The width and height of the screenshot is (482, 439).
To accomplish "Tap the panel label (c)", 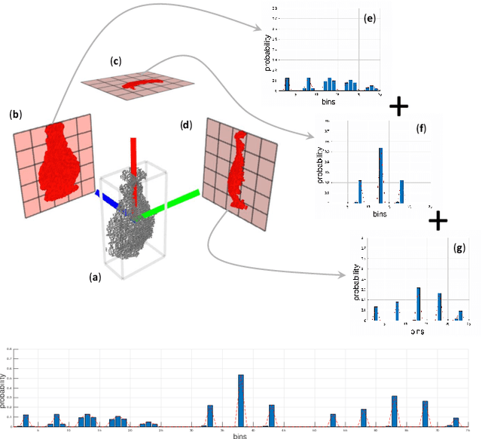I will click(115, 60).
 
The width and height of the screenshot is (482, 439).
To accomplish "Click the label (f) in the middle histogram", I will click(420, 128).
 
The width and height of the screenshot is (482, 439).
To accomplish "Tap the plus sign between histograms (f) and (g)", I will click(438, 220).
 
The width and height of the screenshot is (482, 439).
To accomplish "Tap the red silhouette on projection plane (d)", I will click(236, 170).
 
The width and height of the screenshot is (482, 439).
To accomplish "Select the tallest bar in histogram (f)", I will click(380, 175).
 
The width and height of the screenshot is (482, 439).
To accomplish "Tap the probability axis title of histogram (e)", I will click(267, 57).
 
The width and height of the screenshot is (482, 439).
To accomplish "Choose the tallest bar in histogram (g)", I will click(419, 303).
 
